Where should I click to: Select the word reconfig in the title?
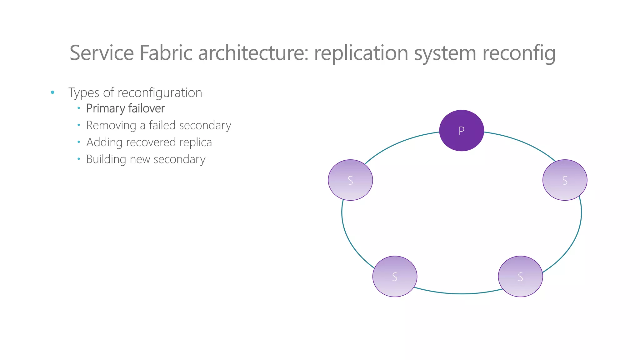click(x=519, y=53)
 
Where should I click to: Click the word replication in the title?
click(x=361, y=53)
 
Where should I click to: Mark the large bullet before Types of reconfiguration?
click(x=52, y=92)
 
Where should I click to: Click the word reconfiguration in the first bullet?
click(x=160, y=93)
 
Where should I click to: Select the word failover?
click(x=146, y=108)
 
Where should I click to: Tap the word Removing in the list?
click(x=111, y=126)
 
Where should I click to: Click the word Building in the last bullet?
click(x=106, y=159)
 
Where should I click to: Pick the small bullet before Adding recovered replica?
click(x=79, y=142)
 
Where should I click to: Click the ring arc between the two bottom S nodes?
click(x=459, y=294)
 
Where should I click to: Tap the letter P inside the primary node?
click(x=461, y=131)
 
